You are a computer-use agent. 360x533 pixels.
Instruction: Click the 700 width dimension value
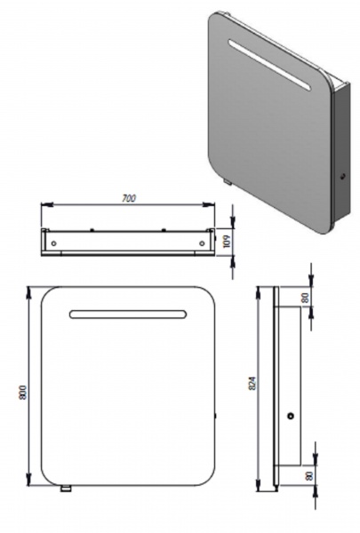129,198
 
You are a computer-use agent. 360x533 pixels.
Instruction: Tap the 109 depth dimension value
228,241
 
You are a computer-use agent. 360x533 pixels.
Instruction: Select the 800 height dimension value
23,393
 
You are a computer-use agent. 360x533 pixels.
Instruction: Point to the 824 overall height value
252,383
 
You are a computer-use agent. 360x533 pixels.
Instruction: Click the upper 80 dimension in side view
305,298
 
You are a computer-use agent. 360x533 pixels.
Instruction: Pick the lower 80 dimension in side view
309,475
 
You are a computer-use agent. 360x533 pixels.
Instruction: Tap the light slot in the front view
128,314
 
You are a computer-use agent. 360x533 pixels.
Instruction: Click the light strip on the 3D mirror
269,65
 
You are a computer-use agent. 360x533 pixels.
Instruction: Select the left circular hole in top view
53,243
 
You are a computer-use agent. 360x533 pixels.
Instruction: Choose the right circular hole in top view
202,243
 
